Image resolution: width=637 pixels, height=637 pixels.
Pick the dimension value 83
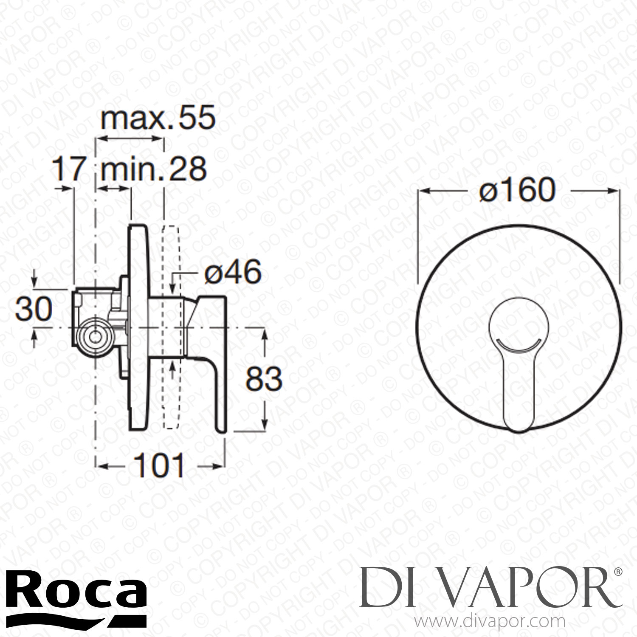(264, 379)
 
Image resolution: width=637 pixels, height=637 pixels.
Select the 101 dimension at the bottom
(159, 466)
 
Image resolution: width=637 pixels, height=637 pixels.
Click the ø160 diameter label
(517, 190)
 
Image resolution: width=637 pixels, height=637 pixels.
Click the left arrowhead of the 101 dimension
(102, 466)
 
